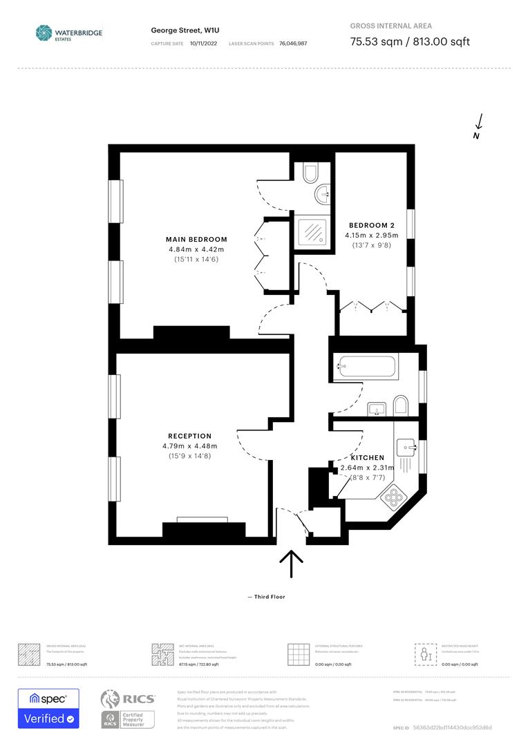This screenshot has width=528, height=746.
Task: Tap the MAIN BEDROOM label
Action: [x=196, y=239]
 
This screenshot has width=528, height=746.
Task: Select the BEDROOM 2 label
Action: [x=372, y=225]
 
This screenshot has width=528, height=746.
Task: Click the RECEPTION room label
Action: [x=190, y=436]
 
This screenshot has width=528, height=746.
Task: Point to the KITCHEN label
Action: [x=367, y=458]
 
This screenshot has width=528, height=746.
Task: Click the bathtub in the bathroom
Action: [x=366, y=367]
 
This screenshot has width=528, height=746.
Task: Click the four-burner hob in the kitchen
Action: [x=397, y=498]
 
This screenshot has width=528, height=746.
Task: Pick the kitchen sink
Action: [x=407, y=447]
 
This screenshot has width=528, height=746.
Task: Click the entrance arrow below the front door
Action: [x=291, y=564]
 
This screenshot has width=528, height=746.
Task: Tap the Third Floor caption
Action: [x=266, y=597]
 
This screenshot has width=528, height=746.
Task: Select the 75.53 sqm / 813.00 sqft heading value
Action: [x=410, y=41]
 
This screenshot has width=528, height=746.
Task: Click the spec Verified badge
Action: [x=48, y=708]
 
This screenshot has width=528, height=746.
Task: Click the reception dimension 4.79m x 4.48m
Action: [x=190, y=446]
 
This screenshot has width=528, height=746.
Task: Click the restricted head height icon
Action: [x=424, y=653]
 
